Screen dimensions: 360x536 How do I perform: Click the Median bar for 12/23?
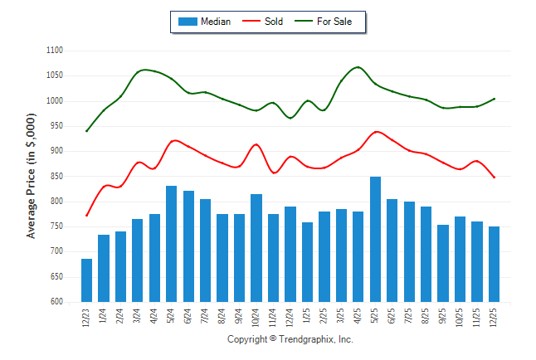point(86,280)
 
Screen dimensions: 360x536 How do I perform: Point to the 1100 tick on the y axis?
point(55,51)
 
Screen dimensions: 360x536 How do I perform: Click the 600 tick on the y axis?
point(56,302)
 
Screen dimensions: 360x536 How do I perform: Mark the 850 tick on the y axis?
point(56,177)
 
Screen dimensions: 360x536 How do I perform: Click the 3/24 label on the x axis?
point(138,317)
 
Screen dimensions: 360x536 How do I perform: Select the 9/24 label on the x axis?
point(240,317)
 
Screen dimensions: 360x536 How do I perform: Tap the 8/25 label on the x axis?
point(426,317)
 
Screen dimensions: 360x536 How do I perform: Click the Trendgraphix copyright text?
point(290,340)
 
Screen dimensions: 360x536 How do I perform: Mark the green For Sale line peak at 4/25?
point(358,67)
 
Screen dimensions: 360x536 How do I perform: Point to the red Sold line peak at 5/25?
point(377,132)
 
